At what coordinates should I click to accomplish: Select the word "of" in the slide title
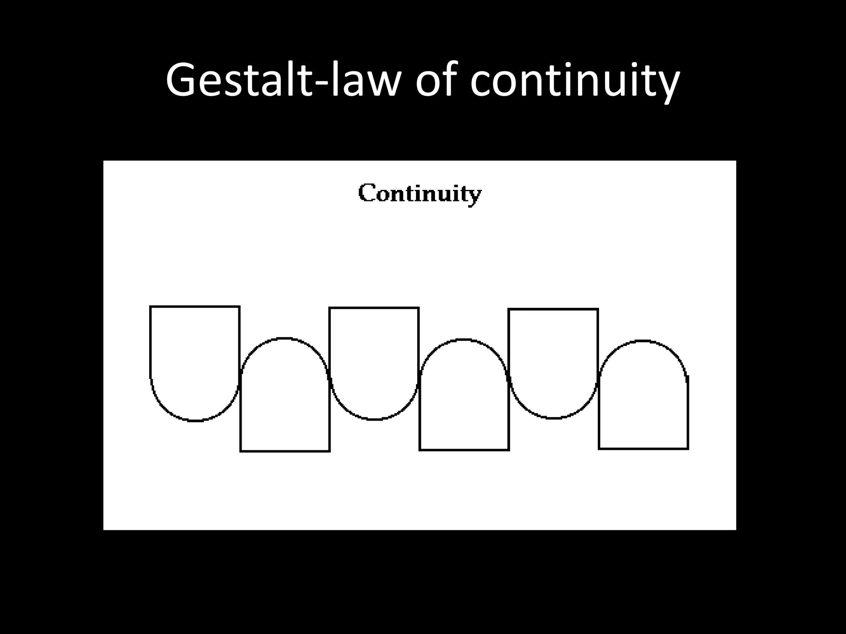(x=438, y=80)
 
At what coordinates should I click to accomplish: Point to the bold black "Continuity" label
(x=420, y=193)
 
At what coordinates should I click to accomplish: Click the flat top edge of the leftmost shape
(x=195, y=307)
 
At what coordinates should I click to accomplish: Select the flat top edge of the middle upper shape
(x=374, y=308)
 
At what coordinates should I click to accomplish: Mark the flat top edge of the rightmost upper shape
(x=553, y=309)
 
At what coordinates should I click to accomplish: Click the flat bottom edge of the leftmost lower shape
(x=285, y=451)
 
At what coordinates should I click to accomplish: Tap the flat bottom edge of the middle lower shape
(x=464, y=450)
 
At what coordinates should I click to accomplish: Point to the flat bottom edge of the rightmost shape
(x=643, y=449)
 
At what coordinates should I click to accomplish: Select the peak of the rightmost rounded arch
(x=643, y=341)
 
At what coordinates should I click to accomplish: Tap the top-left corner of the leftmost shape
(x=150, y=307)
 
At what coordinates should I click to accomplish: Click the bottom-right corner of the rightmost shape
(x=688, y=449)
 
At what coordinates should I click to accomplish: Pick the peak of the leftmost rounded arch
(x=285, y=338)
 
